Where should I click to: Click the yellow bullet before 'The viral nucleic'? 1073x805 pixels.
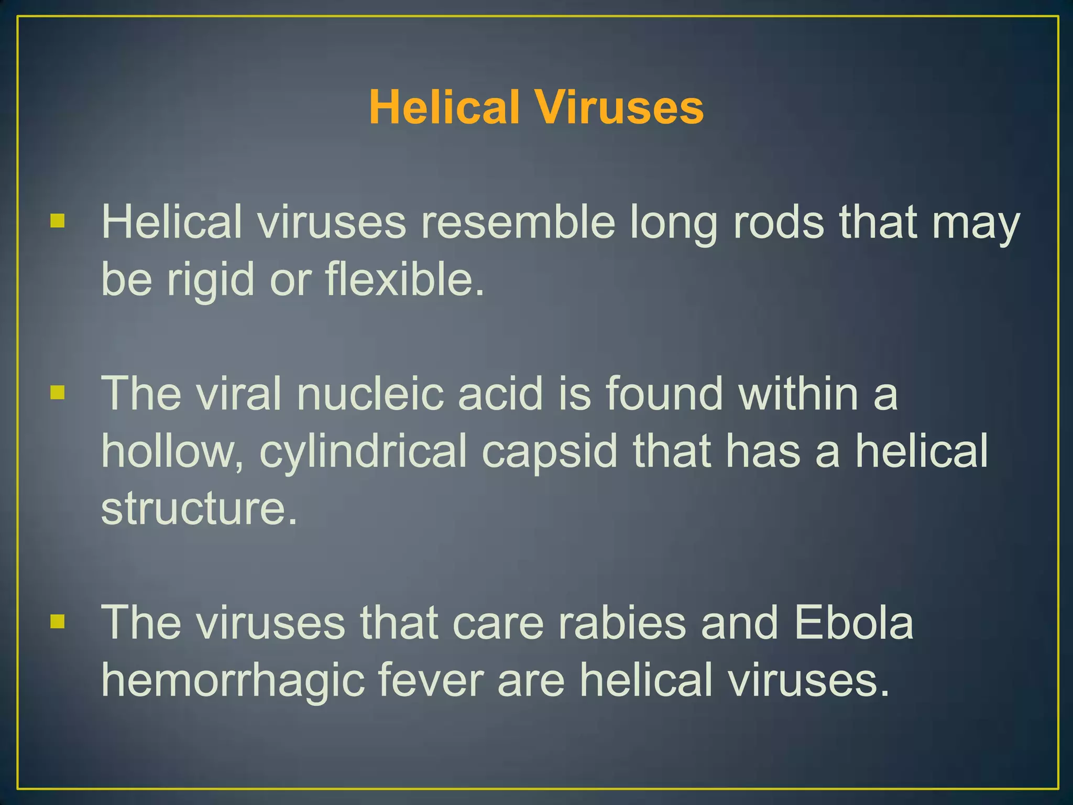58,392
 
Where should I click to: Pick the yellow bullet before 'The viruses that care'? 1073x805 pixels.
58,622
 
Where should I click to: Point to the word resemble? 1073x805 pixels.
518,222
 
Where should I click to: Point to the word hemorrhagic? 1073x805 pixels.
233,680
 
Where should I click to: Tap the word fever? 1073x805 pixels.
430,680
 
